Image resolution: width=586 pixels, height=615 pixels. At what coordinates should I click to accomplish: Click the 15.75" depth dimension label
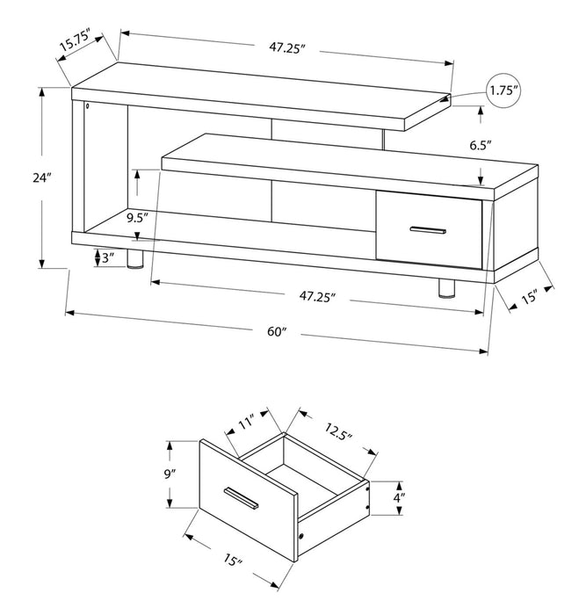point(78,44)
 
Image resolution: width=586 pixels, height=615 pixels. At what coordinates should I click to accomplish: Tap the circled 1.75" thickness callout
point(504,90)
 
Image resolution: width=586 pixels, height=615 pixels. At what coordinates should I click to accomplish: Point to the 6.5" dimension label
point(481,144)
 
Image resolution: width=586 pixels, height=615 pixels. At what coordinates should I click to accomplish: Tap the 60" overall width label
point(277,332)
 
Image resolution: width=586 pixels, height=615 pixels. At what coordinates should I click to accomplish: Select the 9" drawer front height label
point(170,474)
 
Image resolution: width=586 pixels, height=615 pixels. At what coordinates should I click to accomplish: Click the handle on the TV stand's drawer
point(428,231)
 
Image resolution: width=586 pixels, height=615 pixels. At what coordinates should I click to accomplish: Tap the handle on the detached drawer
point(240,497)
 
